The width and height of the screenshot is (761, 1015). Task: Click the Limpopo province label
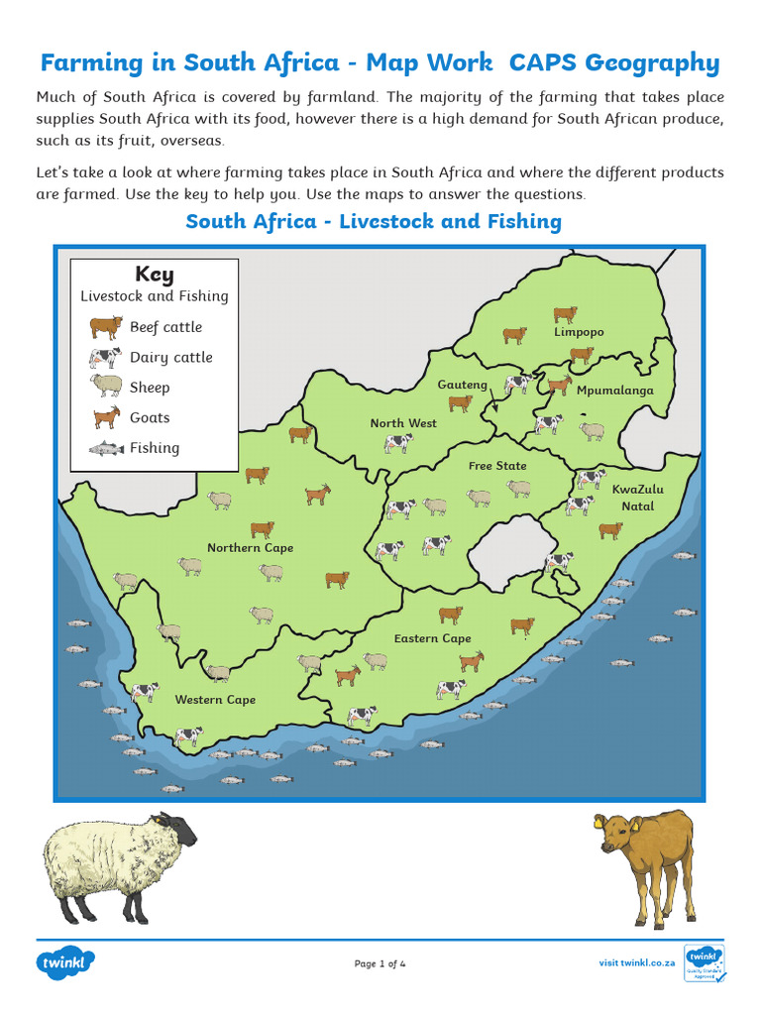579,333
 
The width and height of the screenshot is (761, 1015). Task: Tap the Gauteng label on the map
463,385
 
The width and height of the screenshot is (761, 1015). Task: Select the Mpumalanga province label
615,391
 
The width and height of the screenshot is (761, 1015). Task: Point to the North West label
403,423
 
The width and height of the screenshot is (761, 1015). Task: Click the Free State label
497,466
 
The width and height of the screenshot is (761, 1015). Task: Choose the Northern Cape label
250,548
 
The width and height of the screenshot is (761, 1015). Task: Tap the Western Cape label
215,700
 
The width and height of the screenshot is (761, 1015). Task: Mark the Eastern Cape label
432,639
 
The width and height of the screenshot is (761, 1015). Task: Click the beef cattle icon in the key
105,327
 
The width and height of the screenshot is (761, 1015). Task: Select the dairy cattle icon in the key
105,358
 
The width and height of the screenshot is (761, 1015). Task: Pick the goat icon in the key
106,417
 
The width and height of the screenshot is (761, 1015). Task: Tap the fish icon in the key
106,448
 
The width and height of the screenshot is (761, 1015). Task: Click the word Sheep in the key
150,388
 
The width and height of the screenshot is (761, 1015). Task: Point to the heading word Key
155,275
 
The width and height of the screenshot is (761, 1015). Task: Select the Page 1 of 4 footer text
380,963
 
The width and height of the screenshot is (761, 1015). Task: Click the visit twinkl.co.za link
637,962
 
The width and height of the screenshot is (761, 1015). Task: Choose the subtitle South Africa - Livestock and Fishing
374,221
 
